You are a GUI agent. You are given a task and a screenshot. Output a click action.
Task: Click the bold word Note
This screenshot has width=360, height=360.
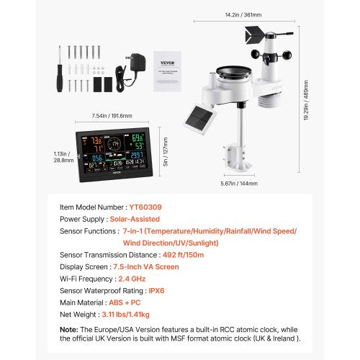click(x=68, y=329)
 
